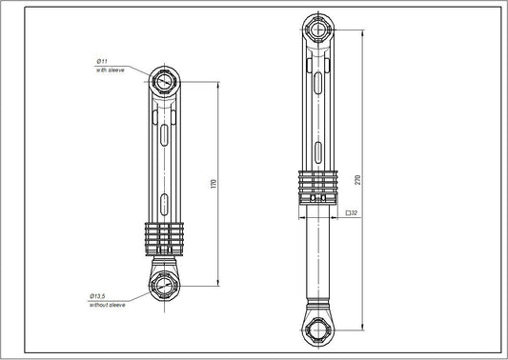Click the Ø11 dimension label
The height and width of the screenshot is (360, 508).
(103, 61)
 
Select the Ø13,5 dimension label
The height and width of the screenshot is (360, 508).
(103, 295)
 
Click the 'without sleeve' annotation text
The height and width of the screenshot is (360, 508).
(111, 305)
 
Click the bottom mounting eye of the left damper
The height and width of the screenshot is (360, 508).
(165, 285)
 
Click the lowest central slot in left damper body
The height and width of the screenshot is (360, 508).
(166, 205)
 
